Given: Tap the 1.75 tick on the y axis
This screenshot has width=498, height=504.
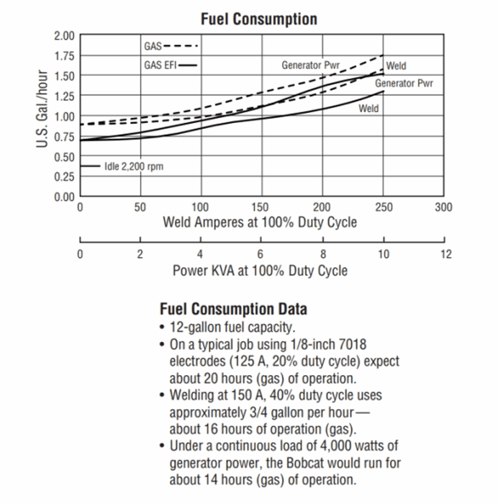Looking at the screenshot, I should coord(65,55).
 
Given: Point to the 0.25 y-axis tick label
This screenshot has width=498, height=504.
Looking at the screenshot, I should coord(65,176).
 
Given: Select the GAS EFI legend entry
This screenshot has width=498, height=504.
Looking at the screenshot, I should coord(170,65).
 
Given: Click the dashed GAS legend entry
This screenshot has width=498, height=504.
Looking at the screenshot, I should coord(171,46).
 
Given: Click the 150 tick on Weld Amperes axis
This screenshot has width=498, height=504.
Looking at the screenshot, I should coord(262,207).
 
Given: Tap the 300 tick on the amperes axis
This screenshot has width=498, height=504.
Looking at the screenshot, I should coord(444,207).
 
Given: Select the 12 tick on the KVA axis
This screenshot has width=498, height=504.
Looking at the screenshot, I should coord(445,253).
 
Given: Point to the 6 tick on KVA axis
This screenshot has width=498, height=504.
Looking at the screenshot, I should coord(261,253).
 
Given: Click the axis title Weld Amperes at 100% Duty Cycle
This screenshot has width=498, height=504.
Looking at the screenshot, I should coord(260,222).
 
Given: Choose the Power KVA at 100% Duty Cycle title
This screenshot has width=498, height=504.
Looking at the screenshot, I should coord(260,271).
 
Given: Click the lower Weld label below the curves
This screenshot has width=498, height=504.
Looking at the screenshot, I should coord(368,109).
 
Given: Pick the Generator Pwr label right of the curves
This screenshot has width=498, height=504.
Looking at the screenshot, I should coord(404,84).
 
